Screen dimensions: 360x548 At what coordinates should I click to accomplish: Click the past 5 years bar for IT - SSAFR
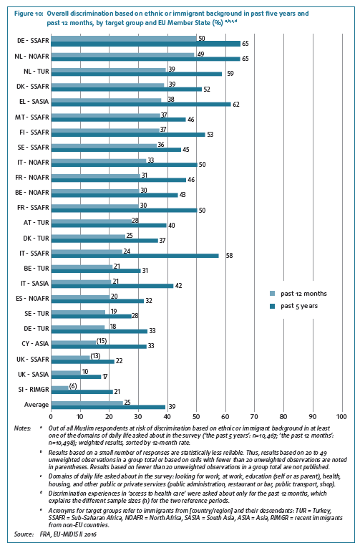click(x=135, y=256)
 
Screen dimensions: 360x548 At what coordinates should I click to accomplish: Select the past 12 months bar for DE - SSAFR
click(x=124, y=38)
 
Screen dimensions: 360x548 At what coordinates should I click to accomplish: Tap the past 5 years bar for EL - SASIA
click(x=141, y=104)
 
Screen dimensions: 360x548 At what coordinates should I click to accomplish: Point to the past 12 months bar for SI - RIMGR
click(x=59, y=388)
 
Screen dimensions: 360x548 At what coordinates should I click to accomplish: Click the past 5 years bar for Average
click(x=108, y=407)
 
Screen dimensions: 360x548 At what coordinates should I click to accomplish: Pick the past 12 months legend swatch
click(x=273, y=294)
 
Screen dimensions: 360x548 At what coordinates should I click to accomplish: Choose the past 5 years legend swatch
click(x=273, y=306)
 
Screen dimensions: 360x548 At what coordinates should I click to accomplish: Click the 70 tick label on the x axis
click(x=255, y=416)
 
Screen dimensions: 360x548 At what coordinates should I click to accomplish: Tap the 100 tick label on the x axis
click(x=341, y=416)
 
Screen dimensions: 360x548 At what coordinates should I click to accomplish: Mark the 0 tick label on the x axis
click(x=51, y=416)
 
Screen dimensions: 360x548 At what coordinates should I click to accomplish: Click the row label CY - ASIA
click(x=35, y=344)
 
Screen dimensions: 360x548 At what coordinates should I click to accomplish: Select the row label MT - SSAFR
click(x=31, y=117)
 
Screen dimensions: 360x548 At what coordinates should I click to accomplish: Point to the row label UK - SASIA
click(x=33, y=375)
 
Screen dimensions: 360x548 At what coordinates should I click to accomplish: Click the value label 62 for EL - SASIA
click(x=236, y=105)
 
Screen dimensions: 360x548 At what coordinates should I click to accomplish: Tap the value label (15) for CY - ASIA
click(x=101, y=341)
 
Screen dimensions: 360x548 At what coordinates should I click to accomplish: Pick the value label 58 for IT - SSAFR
click(x=229, y=256)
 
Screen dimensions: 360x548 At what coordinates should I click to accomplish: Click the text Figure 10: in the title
click(x=29, y=14)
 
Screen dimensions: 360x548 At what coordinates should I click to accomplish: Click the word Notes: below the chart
click(x=22, y=428)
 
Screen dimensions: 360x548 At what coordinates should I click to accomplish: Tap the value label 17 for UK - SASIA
click(x=104, y=377)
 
